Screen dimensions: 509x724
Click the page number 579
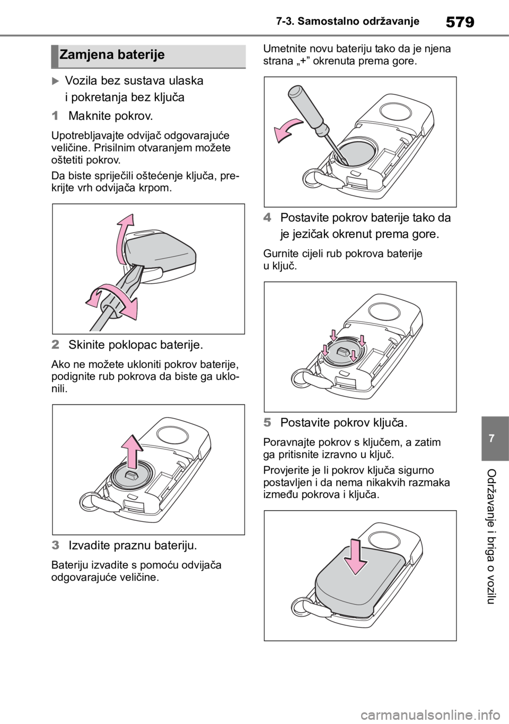click(460, 22)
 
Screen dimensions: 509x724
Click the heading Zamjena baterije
click(112, 55)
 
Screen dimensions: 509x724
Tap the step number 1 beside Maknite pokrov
click(55, 116)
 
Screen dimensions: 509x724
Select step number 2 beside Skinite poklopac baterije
click(55, 345)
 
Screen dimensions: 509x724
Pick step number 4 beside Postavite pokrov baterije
click(267, 217)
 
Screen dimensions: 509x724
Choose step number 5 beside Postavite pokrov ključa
click(267, 422)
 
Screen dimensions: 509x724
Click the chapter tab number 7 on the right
click(491, 438)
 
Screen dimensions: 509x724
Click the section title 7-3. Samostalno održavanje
click(347, 21)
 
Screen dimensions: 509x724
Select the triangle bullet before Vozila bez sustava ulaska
click(55, 81)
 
